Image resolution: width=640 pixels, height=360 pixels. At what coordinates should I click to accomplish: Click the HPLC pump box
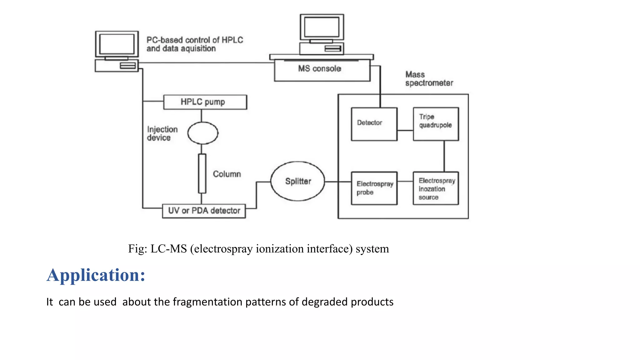coord(205,102)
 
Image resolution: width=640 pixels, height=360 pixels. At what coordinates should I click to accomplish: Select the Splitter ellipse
coord(297,181)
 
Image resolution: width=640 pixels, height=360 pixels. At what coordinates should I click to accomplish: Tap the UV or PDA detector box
coord(204,211)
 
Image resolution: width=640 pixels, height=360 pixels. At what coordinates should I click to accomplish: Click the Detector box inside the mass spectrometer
coord(374,124)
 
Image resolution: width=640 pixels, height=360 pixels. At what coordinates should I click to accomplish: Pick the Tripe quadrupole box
coord(436,124)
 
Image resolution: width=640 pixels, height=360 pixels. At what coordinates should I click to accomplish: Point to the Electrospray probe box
coord(374,188)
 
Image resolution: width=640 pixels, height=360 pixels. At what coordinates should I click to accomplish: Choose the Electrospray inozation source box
coord(436,188)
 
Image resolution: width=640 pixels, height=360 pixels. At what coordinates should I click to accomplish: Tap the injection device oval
coord(202,133)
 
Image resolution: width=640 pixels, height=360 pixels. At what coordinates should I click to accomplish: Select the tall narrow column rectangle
coord(202,173)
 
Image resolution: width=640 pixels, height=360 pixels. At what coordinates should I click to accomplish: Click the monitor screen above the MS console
coord(322,27)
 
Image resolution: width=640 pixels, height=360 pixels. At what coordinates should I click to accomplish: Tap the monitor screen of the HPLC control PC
coord(117,44)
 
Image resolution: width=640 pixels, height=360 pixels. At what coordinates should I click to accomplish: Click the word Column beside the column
coord(227,174)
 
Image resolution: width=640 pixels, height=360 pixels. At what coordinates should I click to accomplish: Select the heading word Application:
coord(96,275)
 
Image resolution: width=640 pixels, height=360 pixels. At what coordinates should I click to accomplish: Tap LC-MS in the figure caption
coord(169,249)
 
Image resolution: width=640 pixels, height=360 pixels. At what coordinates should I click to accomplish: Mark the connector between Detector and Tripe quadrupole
coord(405,131)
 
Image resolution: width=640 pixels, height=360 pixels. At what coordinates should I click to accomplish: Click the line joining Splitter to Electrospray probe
coord(338,182)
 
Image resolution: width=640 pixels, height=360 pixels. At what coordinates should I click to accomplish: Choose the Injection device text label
coord(162,134)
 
